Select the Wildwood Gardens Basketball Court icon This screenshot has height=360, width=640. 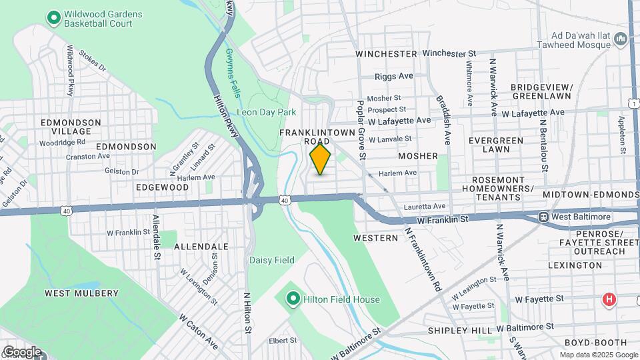coord(53,16)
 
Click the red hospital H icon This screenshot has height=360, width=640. coord(609,300)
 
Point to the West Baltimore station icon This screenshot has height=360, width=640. coord(543,217)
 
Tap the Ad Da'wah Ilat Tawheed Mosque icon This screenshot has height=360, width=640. coord(621,39)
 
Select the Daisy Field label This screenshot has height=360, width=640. coord(267,259)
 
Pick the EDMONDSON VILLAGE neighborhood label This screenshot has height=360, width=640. coord(71,127)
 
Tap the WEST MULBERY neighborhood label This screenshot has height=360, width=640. coord(81,293)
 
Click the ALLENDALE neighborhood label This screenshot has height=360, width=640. coord(201,247)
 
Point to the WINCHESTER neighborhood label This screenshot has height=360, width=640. coord(386,53)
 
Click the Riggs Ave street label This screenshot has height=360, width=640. coord(395,77)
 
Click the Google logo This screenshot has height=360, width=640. coord(21,351)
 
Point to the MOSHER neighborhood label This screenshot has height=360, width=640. coord(418,156)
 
